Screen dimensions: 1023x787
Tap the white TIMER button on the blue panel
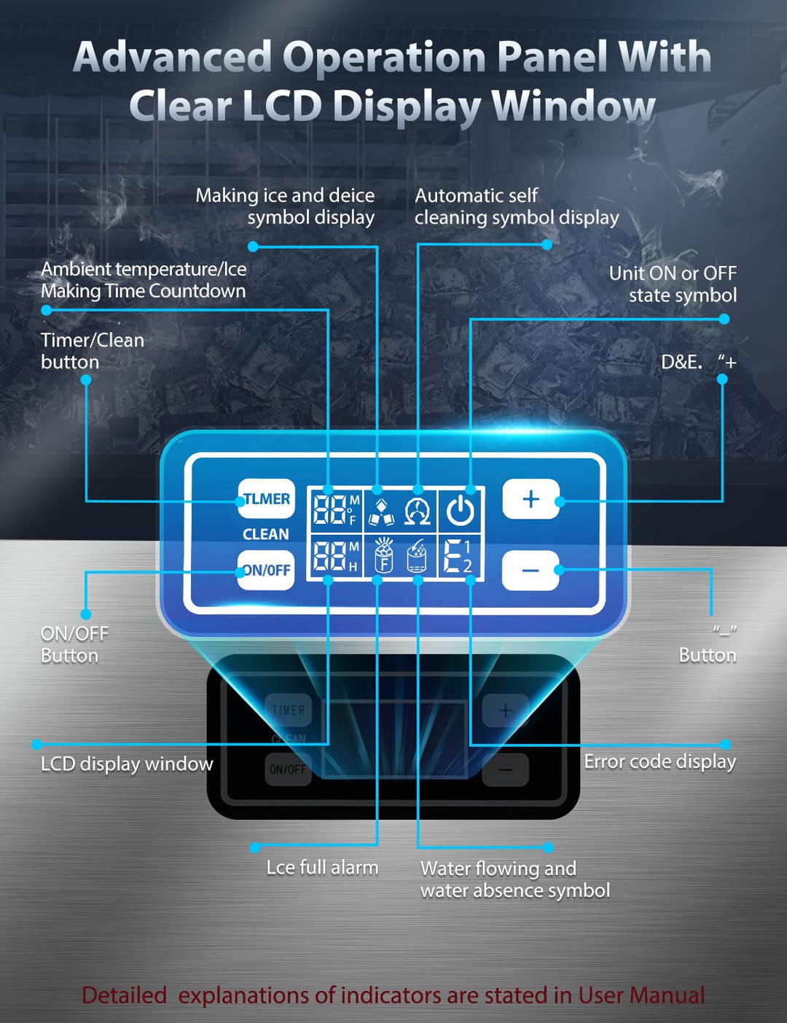267,499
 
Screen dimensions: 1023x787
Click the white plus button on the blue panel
530,499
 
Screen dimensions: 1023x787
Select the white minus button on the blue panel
530,570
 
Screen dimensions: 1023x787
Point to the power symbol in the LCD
460,511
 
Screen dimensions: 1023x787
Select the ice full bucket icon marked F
383,557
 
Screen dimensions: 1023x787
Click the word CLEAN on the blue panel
266,534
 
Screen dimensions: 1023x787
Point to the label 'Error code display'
659,761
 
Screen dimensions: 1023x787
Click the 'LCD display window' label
127,764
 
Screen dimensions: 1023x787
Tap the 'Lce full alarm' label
322,868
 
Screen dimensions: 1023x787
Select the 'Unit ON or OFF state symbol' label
673,284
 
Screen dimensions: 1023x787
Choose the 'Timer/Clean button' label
92,351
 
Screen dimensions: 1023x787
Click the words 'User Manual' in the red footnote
641,995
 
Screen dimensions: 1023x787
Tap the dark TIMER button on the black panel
289,710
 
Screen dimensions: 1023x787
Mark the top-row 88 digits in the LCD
329,509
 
